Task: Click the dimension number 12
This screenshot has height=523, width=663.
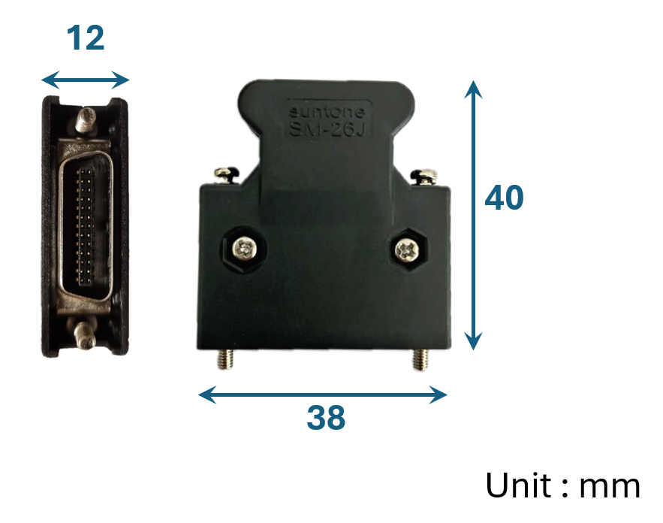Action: pyautogui.click(x=86, y=38)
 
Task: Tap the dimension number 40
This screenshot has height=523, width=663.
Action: pyautogui.click(x=504, y=198)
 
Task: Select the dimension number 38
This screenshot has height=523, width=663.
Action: pyautogui.click(x=326, y=418)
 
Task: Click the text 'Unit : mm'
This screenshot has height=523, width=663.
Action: pyautogui.click(x=562, y=485)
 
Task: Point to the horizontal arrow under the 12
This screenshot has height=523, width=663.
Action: pyautogui.click(x=86, y=79)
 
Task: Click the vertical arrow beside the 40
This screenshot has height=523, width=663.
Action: pyautogui.click(x=472, y=214)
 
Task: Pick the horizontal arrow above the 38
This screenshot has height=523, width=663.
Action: pyautogui.click(x=322, y=394)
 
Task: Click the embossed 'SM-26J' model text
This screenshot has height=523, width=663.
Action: pyautogui.click(x=328, y=129)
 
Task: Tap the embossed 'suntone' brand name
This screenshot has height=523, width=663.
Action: pyautogui.click(x=327, y=113)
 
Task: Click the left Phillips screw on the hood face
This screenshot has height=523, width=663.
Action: pyautogui.click(x=243, y=249)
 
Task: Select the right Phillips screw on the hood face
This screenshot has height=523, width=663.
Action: pyautogui.click(x=406, y=248)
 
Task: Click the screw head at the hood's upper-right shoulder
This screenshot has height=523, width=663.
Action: pyautogui.click(x=425, y=176)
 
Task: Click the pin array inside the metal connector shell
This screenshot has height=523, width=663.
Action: pyautogui.click(x=86, y=225)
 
